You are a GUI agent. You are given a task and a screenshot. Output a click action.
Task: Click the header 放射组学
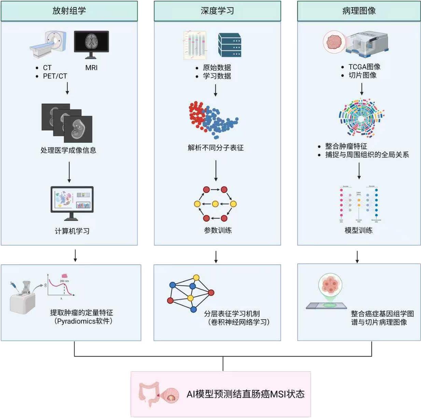tap(69, 11)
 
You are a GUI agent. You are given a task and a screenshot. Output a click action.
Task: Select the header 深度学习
tap(217, 11)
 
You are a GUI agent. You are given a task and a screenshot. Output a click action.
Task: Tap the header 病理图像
tap(359, 11)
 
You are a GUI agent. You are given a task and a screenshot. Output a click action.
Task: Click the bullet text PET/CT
tap(55, 76)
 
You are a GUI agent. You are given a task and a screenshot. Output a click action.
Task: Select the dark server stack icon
tap(229, 45)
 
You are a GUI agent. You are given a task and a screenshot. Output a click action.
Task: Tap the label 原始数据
tap(217, 68)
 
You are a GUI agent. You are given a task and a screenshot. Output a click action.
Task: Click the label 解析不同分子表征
tap(216, 148)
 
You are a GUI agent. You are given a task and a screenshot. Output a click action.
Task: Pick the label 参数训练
tap(217, 230)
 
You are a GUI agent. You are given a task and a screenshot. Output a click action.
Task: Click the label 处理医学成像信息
tap(68, 150)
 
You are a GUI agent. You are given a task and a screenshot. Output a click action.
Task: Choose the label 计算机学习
tap(72, 231)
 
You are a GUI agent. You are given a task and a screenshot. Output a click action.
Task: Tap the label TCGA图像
tap(364, 67)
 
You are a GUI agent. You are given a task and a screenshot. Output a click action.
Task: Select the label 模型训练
tap(359, 230)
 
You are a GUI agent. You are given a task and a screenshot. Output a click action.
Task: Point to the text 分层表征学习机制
tap(232, 313)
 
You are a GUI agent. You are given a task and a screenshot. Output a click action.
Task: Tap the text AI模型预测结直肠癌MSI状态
tap(245, 394)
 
